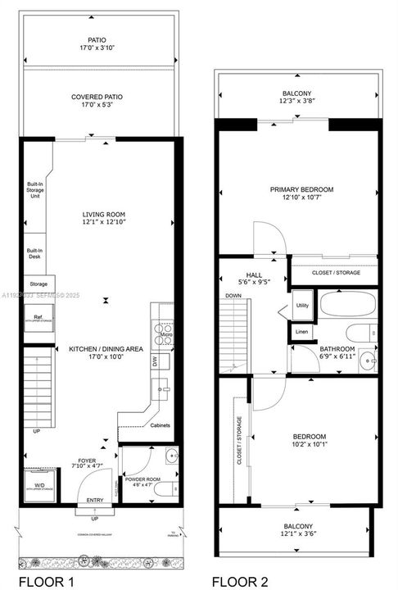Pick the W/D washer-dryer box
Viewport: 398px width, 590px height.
(x=38, y=482)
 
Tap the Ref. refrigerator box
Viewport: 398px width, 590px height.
(x=38, y=319)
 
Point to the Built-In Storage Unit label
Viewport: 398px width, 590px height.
(x=34, y=190)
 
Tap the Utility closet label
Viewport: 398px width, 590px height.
(x=301, y=305)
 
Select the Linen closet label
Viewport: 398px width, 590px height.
(x=301, y=332)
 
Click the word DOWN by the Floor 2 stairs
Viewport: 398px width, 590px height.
(x=233, y=295)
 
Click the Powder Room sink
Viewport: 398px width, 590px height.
(x=170, y=456)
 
